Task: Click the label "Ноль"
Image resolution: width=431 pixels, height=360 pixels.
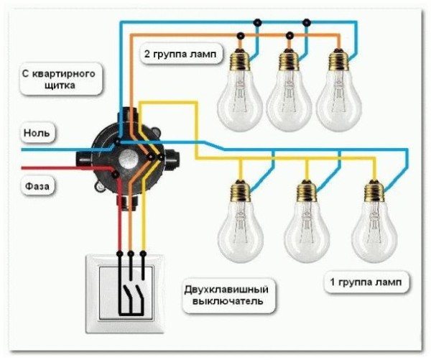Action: (x=37, y=134)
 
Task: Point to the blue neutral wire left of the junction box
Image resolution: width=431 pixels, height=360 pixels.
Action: (x=50, y=150)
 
